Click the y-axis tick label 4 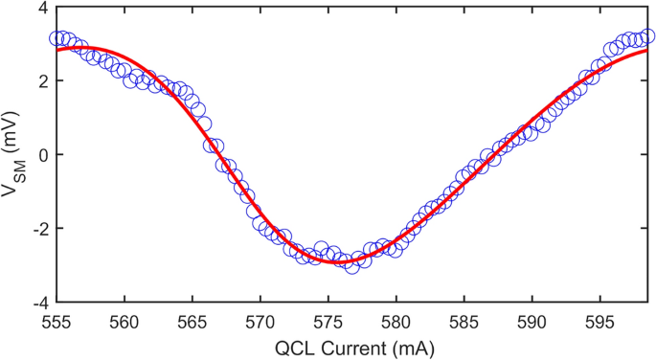[x=42, y=8]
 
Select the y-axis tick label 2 [x=42, y=81]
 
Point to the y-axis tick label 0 [x=42, y=154]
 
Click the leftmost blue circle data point [x=57, y=38]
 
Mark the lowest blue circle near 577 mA [x=352, y=265]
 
